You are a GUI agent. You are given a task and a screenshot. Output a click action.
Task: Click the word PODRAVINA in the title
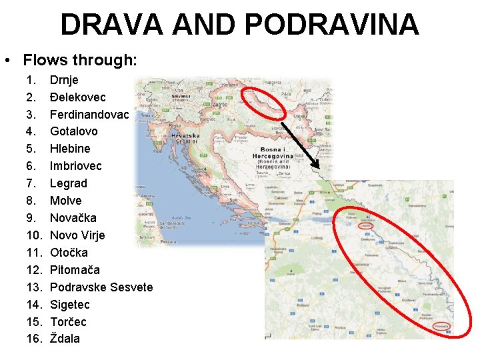332,25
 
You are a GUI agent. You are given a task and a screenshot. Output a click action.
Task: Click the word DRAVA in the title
111,25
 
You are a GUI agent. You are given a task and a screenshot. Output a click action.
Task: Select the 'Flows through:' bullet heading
79,60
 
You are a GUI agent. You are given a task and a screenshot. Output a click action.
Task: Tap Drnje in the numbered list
64,79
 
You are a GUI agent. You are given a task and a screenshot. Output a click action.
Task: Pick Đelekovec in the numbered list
77,97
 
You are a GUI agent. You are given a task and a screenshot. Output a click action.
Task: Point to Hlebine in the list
70,149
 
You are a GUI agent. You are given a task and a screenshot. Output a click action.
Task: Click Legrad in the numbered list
69,183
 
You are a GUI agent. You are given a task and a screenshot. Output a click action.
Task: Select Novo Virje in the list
77,235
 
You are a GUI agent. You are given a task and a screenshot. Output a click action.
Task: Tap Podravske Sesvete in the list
101,287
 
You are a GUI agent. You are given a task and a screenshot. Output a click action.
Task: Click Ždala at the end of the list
65,339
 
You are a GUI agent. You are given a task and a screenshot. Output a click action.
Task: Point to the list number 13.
33,287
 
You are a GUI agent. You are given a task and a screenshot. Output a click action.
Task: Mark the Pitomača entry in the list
75,270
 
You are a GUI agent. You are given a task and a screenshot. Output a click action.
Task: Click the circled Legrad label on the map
365,226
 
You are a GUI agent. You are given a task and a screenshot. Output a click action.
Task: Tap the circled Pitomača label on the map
441,327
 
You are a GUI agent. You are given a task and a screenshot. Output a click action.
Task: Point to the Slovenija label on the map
181,95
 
